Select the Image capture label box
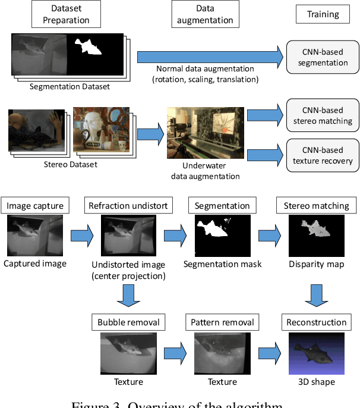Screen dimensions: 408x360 pyautogui.click(x=34, y=206)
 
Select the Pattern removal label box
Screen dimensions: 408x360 pyautogui.click(x=222, y=322)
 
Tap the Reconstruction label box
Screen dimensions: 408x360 pyautogui.click(x=316, y=322)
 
